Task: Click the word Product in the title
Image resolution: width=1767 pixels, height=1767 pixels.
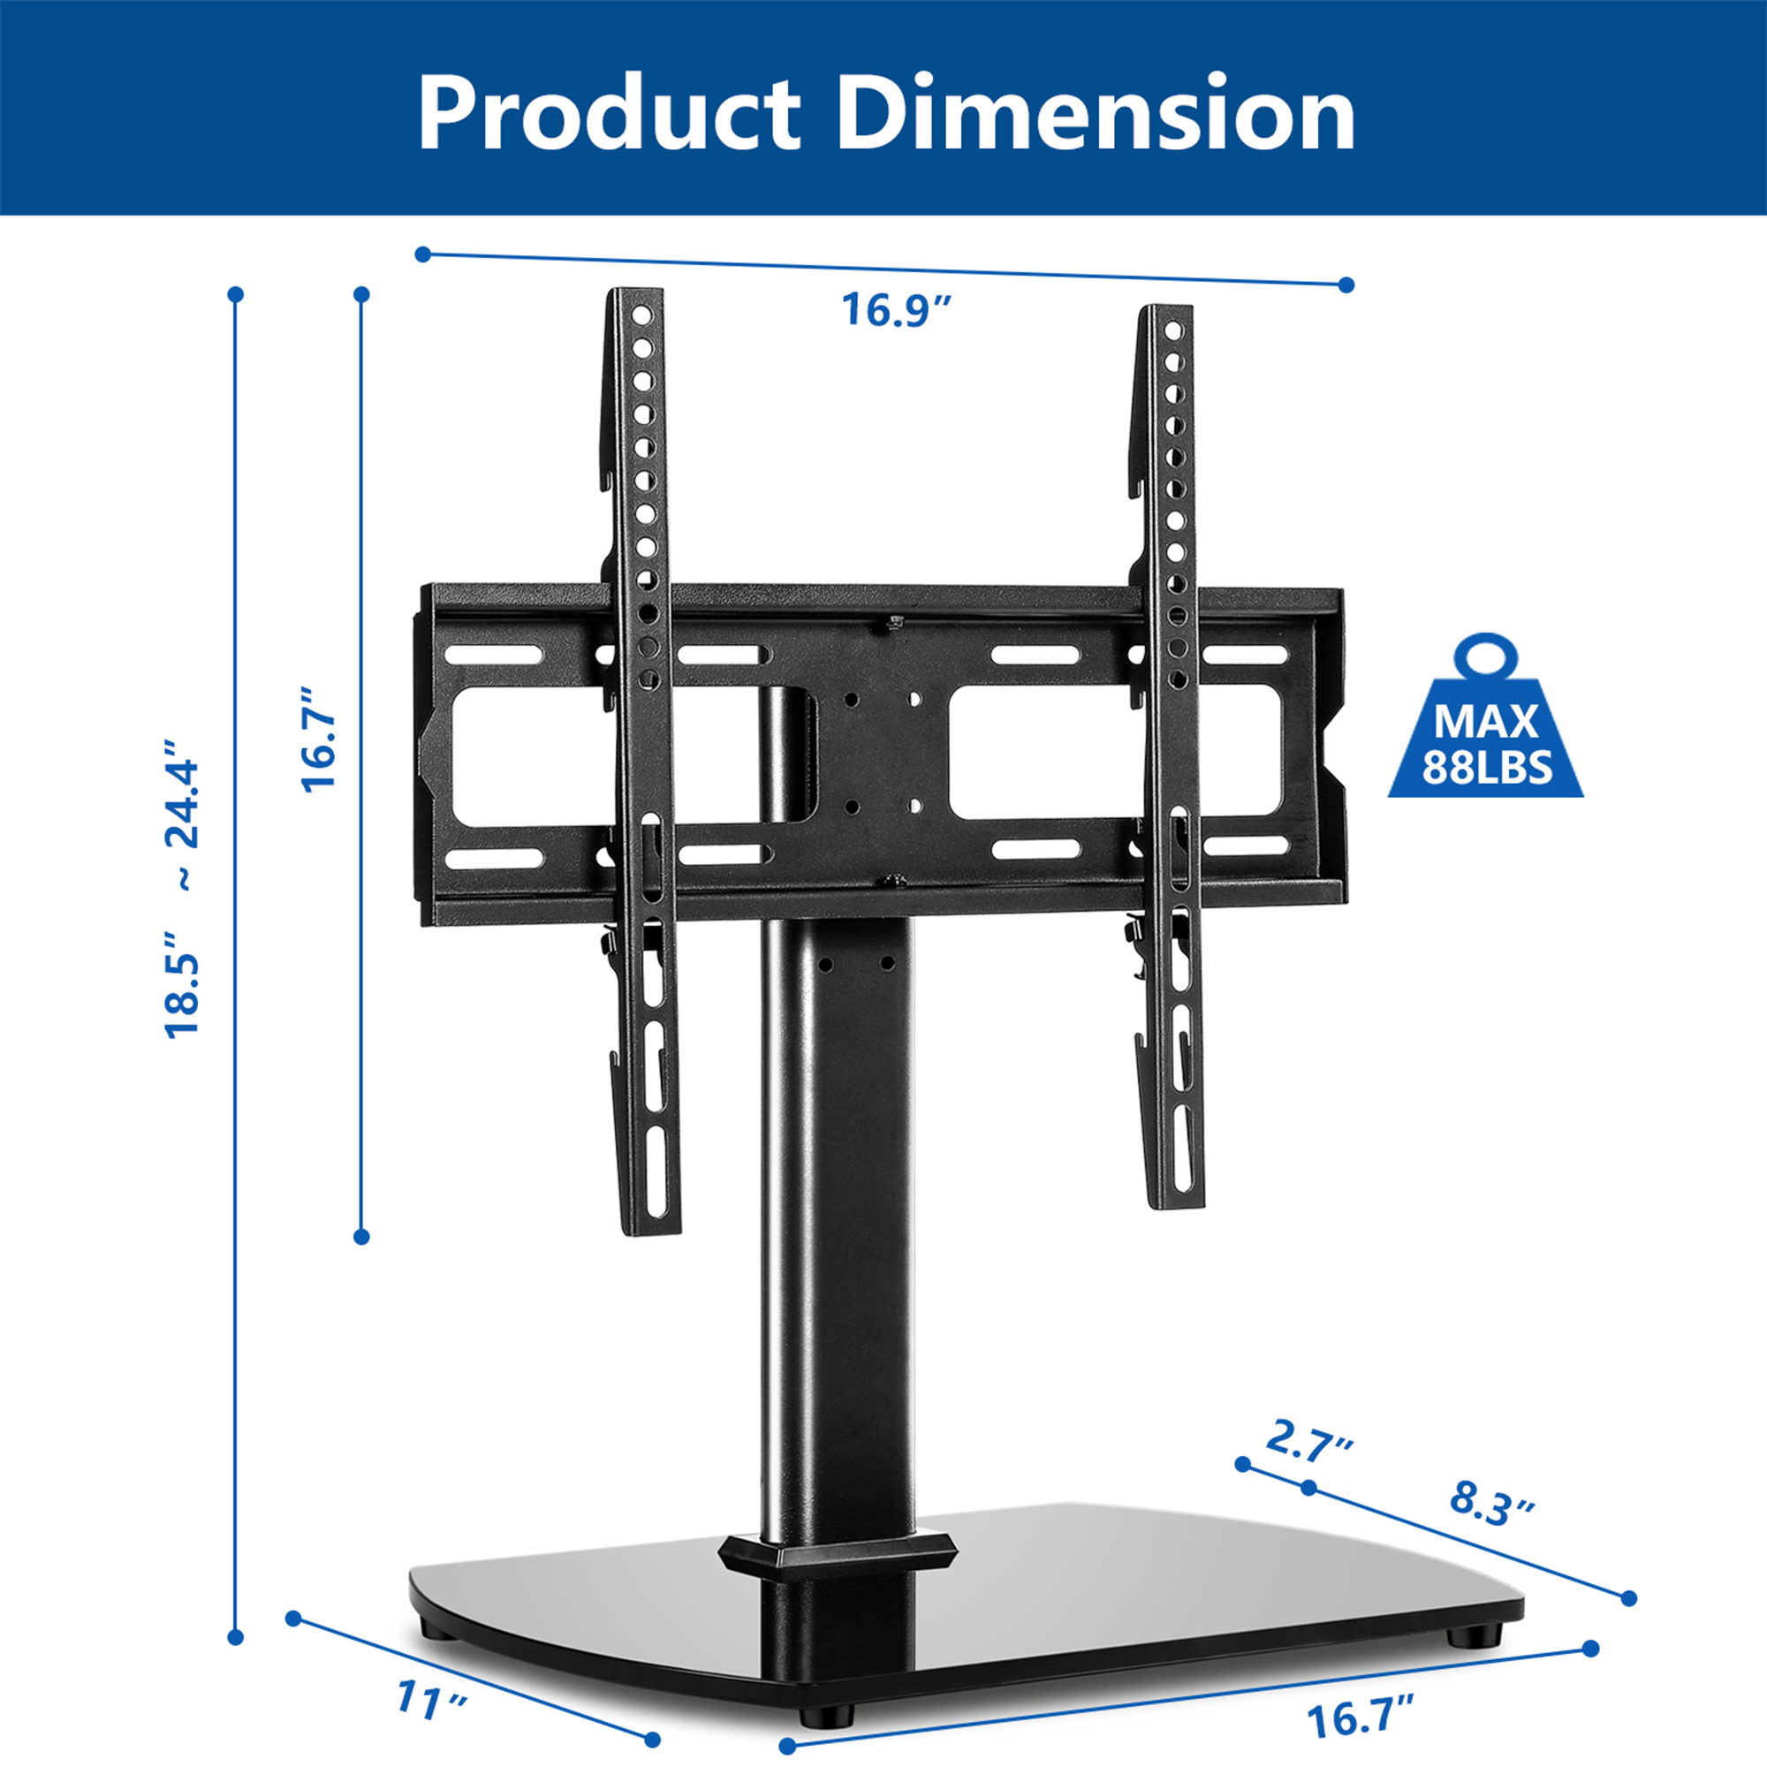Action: coord(608,114)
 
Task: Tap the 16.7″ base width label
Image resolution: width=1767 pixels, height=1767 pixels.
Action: coord(1360,1717)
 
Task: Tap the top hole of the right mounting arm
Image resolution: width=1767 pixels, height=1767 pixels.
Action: coord(1175,330)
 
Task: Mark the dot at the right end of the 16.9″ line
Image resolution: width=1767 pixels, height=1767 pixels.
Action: coord(1346,284)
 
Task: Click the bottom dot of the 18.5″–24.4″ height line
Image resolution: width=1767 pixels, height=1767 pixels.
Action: coord(235,1637)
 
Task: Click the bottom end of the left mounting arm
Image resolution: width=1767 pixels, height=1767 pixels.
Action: coord(652,1225)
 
